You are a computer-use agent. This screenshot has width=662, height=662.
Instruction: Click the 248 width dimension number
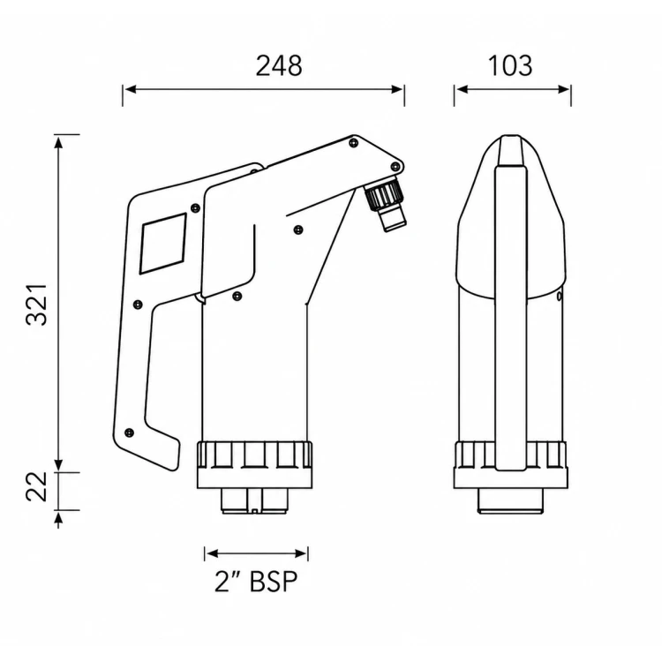(279, 66)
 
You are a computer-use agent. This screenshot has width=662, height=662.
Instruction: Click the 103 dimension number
(510, 66)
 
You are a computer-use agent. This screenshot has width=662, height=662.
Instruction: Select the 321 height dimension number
(37, 305)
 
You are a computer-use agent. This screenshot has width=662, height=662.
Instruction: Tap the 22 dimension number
(37, 486)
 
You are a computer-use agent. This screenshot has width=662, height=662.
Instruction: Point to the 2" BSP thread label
(256, 582)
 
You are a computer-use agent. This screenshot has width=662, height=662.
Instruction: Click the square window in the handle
(163, 244)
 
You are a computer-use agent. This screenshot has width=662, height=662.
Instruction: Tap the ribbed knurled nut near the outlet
(382, 194)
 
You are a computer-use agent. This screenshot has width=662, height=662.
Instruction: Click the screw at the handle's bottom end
(130, 433)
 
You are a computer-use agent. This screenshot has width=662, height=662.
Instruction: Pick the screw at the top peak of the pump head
(354, 143)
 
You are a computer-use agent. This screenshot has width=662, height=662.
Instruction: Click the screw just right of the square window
(195, 207)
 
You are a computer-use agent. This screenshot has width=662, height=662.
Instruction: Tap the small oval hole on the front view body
(560, 297)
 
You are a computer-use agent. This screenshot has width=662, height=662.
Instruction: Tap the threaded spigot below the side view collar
(510, 501)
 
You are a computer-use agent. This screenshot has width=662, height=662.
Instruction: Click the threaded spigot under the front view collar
(254, 501)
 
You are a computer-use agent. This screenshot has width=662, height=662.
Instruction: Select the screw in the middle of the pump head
(298, 229)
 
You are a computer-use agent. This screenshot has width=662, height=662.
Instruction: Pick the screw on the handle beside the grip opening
(138, 304)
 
